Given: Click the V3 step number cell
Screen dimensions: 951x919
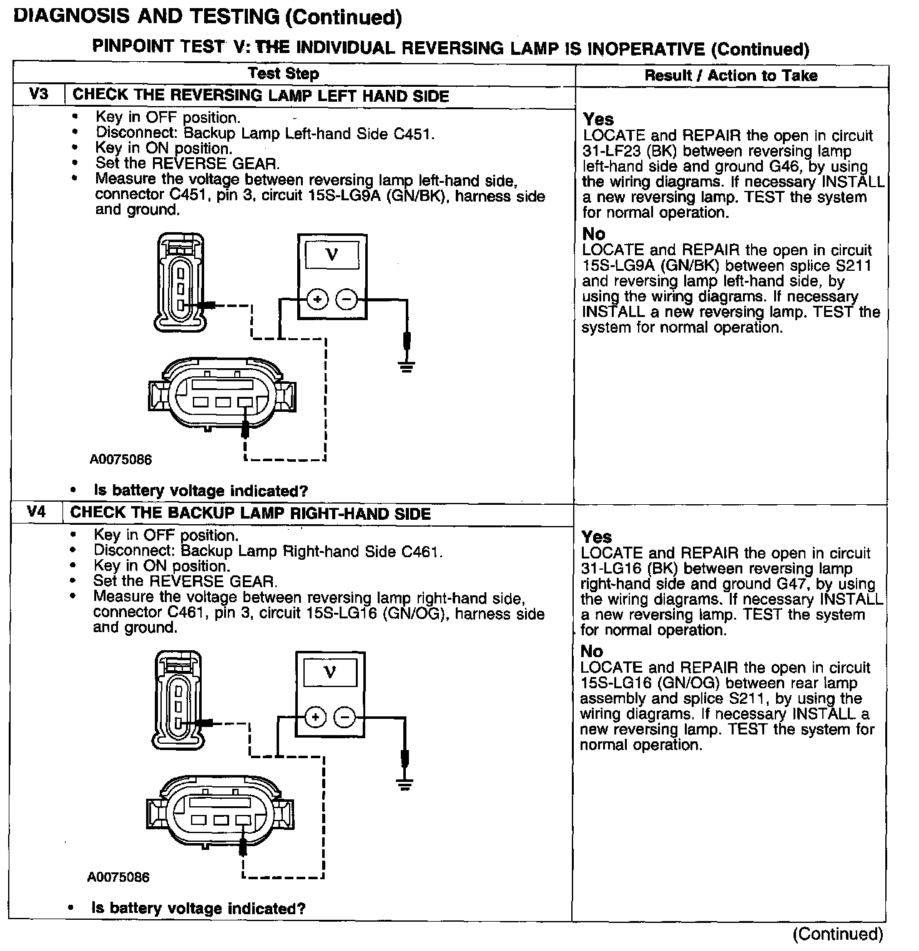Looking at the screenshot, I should point(38,95).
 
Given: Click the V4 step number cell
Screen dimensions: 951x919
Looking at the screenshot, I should point(37,512).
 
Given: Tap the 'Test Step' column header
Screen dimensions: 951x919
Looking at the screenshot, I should point(283,74).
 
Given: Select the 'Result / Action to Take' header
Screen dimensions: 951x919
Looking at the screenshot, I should point(730,76).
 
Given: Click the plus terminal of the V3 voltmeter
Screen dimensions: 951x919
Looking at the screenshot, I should point(318,300).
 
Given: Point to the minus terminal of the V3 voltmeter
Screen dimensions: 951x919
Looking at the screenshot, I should point(347,300).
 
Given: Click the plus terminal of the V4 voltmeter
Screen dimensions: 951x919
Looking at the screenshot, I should point(316,717).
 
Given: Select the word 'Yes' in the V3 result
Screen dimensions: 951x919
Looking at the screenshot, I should point(598,119).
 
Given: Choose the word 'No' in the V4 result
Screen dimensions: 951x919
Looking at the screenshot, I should point(592,651).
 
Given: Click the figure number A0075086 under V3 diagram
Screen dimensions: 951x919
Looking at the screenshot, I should point(120,460).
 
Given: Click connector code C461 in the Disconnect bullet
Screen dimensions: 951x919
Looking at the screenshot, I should point(421,552).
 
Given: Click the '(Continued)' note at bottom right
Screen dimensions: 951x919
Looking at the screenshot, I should point(837,934).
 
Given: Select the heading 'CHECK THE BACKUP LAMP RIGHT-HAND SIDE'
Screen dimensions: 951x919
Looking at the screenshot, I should point(250,514).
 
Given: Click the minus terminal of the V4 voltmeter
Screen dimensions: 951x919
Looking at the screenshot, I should point(345,717).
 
